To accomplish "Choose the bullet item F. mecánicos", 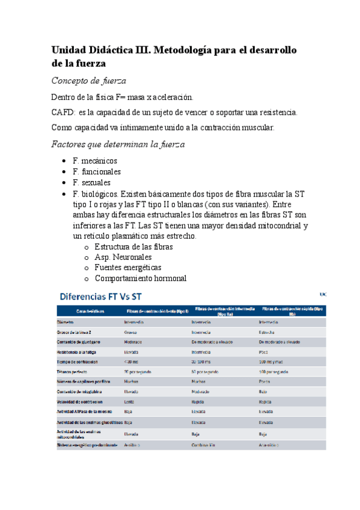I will coord(94,161).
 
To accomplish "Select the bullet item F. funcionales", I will coord(96,172).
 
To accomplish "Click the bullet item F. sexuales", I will coord(91,183).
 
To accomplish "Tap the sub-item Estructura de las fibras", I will coord(134,247).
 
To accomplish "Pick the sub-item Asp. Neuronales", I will coord(123,257).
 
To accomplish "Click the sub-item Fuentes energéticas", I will coord(128,268).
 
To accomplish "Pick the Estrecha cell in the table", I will coord(267,332).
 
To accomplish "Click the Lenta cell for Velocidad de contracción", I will coord(129,401).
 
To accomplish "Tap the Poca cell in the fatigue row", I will coord(264,352).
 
